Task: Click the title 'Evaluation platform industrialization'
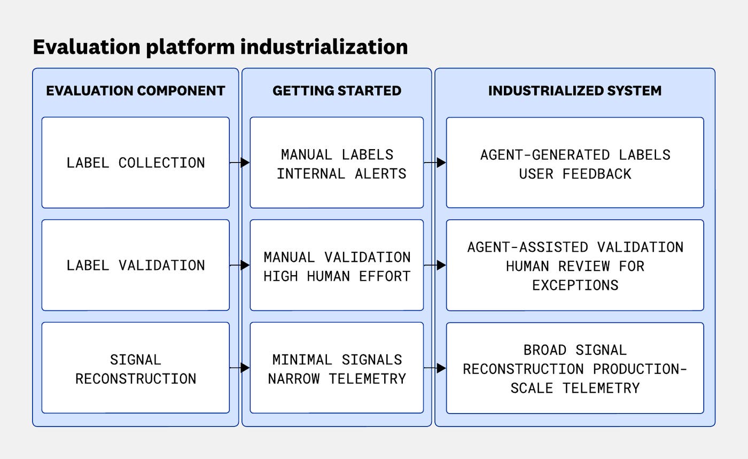click(x=220, y=47)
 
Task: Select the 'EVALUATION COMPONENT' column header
click(x=135, y=91)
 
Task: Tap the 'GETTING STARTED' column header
click(x=337, y=91)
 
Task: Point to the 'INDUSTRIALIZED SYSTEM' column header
click(x=575, y=91)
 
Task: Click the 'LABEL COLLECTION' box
click(x=135, y=162)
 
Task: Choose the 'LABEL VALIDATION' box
click(x=135, y=265)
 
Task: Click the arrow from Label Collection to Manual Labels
click(x=240, y=162)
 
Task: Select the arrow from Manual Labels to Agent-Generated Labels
click(x=435, y=162)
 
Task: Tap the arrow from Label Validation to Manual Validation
click(x=240, y=265)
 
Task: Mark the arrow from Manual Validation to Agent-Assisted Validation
click(x=435, y=265)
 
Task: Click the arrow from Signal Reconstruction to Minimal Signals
click(x=240, y=368)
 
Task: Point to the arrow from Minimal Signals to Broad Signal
click(x=435, y=368)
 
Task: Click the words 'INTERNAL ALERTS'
click(x=341, y=174)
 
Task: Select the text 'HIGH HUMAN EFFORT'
click(x=337, y=276)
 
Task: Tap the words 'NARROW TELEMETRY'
click(x=337, y=379)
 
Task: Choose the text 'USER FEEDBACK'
click(x=575, y=174)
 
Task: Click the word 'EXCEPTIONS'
click(x=575, y=285)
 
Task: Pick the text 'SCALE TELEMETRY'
click(x=575, y=388)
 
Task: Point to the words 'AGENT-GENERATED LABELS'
click(x=575, y=155)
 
